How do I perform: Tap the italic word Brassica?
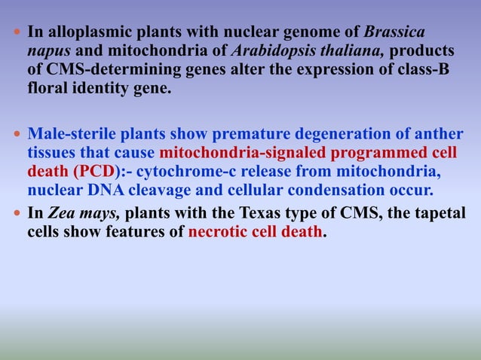[x=394, y=33]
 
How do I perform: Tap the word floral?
[x=48, y=83]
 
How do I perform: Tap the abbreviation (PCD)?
[x=93, y=169]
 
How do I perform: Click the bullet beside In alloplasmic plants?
[x=17, y=34]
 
